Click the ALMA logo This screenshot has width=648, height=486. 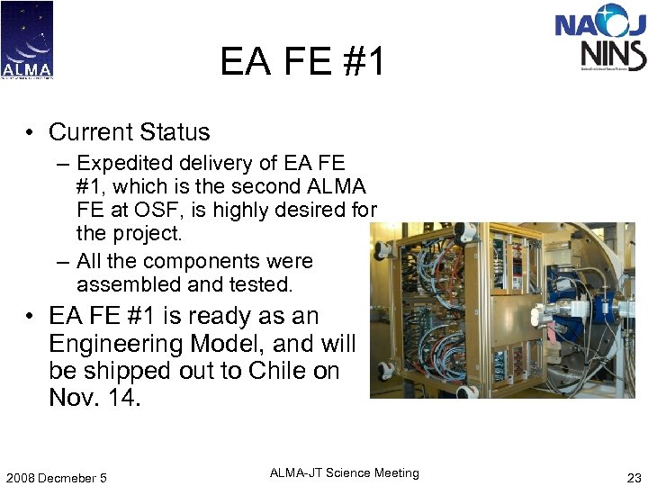[x=27, y=40]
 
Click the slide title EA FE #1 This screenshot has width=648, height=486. [x=302, y=62]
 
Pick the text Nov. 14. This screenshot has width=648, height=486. [x=94, y=398]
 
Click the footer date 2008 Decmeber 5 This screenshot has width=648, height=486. [x=55, y=478]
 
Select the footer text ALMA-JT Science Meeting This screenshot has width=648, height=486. [x=344, y=473]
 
